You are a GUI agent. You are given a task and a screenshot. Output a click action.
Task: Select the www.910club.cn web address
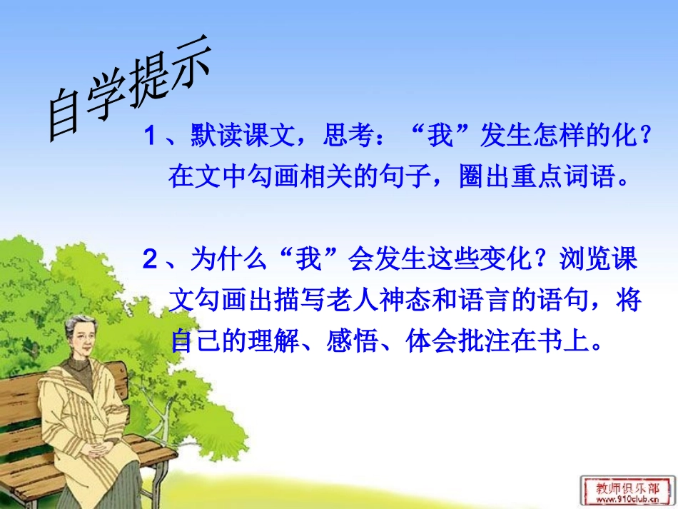click(628, 500)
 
